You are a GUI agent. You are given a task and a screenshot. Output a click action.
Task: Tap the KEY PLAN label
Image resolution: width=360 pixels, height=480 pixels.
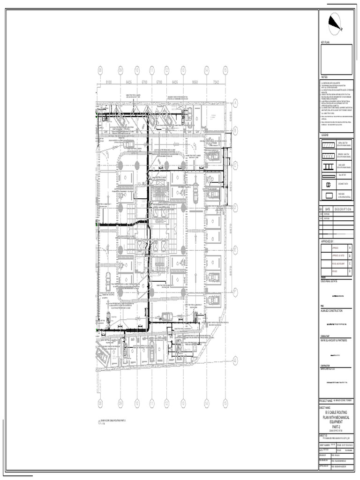tap(326, 43)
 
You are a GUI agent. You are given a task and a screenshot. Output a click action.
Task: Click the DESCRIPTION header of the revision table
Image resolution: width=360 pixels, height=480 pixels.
tap(344, 210)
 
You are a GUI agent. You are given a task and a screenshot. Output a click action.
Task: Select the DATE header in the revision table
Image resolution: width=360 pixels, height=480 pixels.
tap(327, 210)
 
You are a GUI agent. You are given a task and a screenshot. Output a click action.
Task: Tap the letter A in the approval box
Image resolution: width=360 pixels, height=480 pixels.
tap(349, 247)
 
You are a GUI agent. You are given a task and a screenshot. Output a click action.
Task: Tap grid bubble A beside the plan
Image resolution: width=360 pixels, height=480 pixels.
tap(235, 102)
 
